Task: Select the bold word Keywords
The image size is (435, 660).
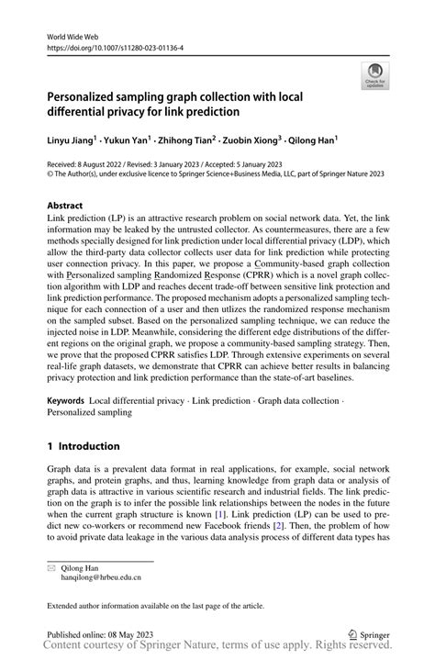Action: [x=65, y=401]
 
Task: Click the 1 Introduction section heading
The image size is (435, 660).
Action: [x=84, y=446]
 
